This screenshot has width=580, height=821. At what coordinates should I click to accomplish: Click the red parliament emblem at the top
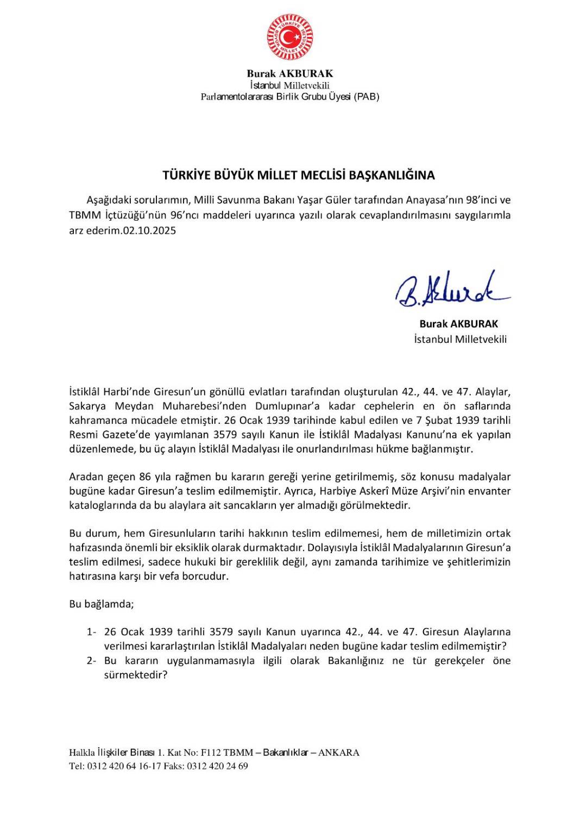click(x=289, y=36)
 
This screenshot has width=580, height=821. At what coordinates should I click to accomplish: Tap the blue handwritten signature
click(x=452, y=292)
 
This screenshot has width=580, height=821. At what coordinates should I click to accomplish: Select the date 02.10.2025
click(x=149, y=230)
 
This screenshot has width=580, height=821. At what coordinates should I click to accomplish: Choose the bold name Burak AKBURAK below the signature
click(x=458, y=323)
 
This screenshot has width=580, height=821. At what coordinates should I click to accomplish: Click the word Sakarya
click(x=87, y=406)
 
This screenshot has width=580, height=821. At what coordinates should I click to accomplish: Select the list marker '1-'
click(x=91, y=632)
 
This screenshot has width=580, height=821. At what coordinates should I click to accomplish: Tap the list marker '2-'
click(x=91, y=661)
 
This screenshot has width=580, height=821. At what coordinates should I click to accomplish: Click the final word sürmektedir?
click(x=135, y=675)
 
